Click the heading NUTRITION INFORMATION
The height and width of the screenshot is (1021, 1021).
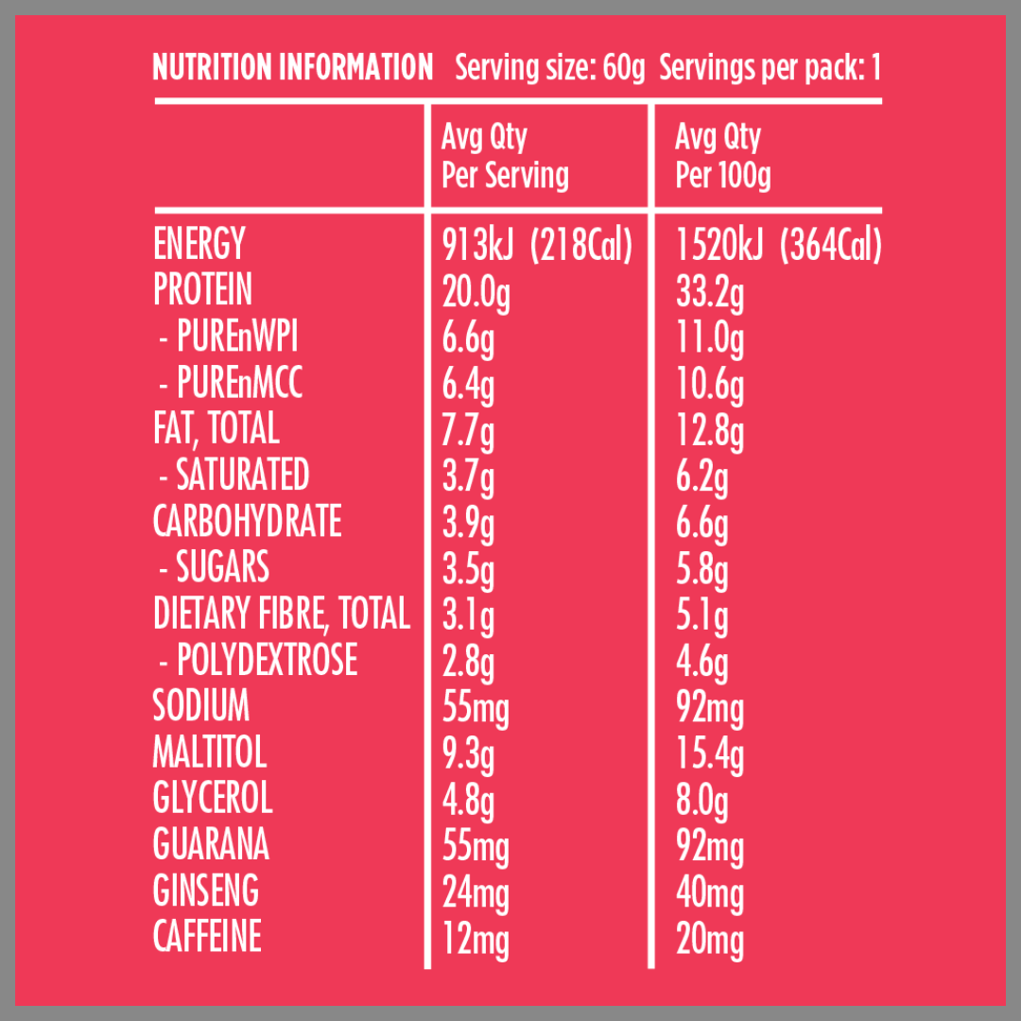pos(293,68)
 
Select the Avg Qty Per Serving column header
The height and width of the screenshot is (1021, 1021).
pos(505,157)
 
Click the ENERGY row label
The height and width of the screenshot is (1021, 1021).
pos(199,245)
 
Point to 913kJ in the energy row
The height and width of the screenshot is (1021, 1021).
pos(477,246)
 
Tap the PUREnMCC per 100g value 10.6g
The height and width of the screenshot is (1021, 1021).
pos(710,385)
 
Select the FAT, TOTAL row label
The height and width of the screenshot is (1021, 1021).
pos(216,429)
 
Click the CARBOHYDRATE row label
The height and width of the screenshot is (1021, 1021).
pos(248,522)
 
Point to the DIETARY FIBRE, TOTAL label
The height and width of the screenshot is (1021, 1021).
pos(282,614)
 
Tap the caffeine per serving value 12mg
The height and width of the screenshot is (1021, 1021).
pos(476,939)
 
